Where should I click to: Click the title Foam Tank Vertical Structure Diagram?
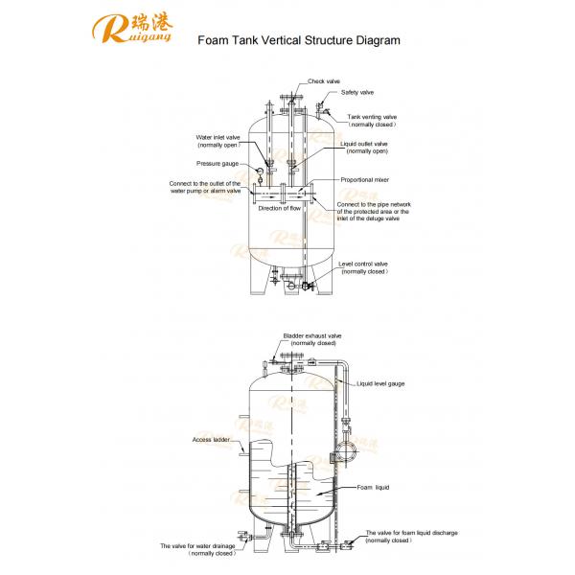291,41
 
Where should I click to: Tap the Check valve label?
324,81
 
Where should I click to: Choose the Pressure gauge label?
217,163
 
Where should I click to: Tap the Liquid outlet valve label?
364,147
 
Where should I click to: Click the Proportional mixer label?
366,179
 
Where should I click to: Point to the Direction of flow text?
282,207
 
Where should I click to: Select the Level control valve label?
363,266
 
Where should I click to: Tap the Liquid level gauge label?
380,382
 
